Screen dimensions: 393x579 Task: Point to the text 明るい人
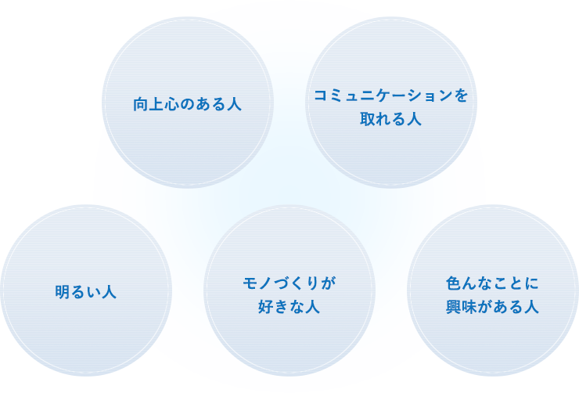point(86,292)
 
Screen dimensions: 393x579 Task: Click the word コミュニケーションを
point(391,96)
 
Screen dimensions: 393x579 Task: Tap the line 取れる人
point(391,119)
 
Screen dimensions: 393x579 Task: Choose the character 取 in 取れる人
point(368,119)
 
